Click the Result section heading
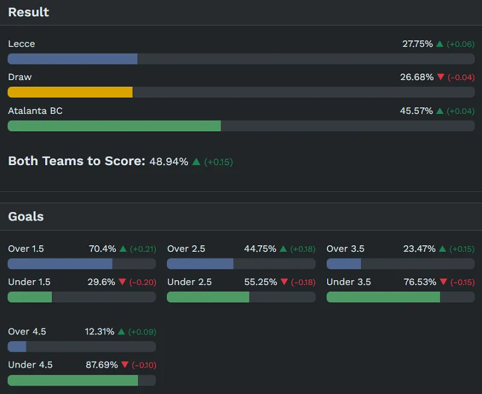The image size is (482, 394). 28,12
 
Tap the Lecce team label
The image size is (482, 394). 22,44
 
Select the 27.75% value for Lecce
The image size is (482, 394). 418,44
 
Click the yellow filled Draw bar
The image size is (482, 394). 70,92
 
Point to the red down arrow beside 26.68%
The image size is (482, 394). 440,77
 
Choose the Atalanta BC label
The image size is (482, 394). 35,111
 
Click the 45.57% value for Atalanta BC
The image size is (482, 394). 416,111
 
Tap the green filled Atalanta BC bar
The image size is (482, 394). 114,126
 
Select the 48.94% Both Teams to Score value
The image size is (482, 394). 169,161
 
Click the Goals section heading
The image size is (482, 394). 26,216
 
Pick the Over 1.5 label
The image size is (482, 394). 26,249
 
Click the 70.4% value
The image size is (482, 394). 102,249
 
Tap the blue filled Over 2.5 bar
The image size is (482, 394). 200,264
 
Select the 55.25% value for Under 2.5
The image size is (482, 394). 261,282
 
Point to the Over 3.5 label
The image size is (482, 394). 345,249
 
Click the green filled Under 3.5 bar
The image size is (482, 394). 383,297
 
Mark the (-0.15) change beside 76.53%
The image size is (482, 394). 463,283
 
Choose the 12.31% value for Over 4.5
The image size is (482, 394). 99,332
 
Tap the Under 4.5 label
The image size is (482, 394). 30,364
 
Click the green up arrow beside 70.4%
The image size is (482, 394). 123,249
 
